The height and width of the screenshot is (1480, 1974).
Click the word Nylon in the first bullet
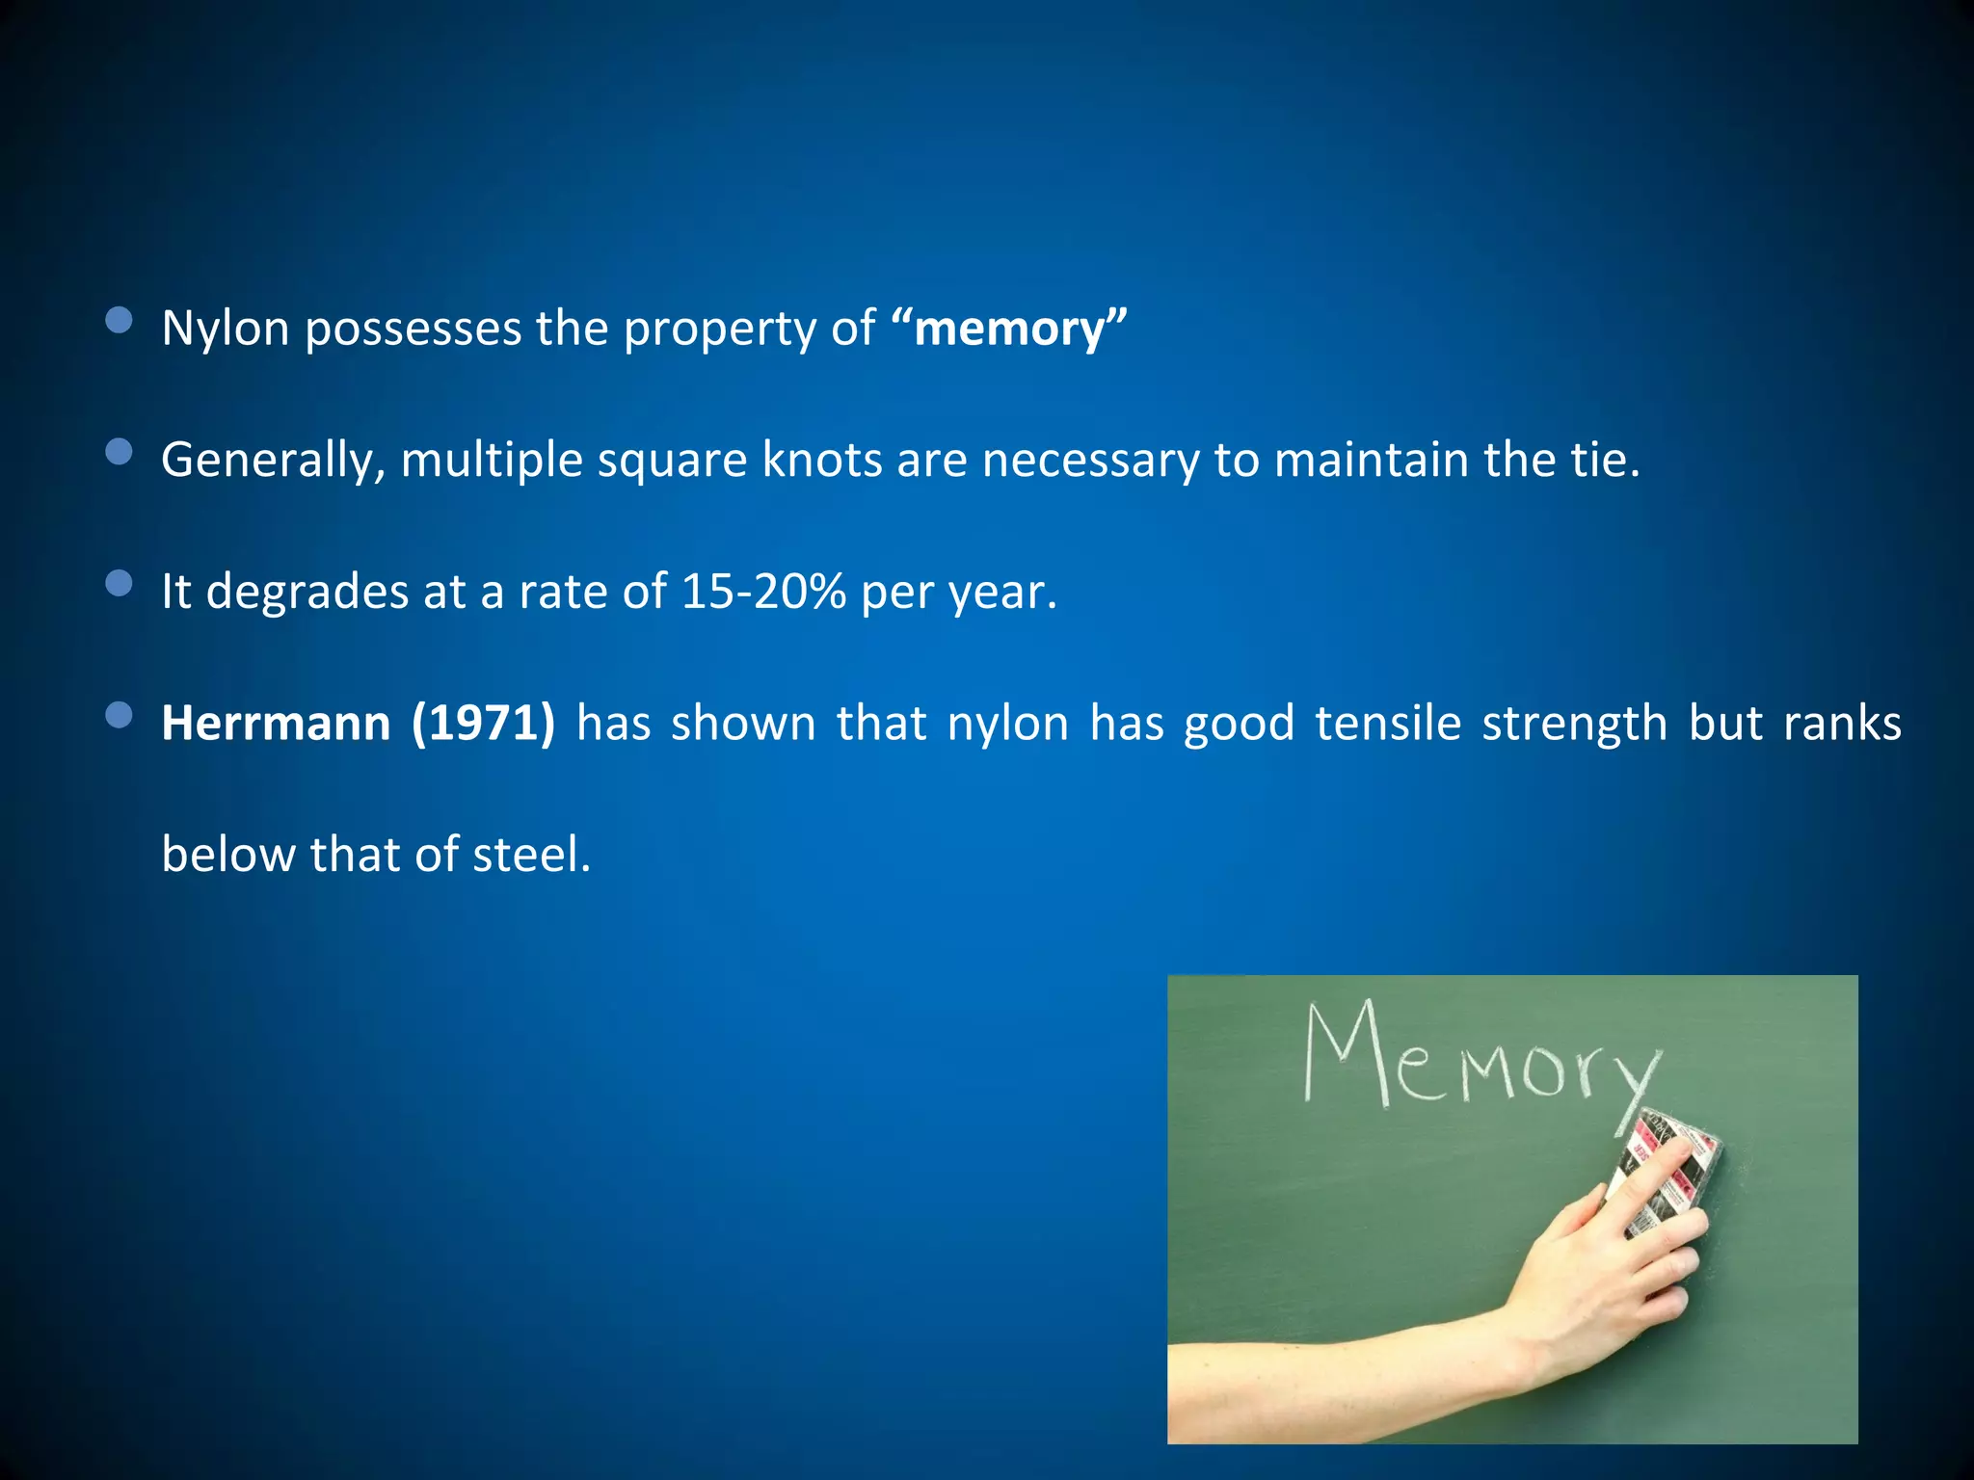(x=226, y=330)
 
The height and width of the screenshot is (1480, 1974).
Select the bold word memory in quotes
(x=1009, y=330)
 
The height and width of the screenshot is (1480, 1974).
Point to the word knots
(x=821, y=461)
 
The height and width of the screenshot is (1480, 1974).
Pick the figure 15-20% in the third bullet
(x=762, y=592)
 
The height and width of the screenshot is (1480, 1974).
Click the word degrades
(x=307, y=592)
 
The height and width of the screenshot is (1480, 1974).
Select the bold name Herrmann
(x=276, y=723)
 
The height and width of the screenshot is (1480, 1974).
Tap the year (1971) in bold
(x=483, y=723)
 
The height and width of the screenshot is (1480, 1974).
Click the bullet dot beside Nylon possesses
(x=119, y=321)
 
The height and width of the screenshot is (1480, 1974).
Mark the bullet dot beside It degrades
(x=119, y=583)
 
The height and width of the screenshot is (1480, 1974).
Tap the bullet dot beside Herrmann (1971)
(x=119, y=714)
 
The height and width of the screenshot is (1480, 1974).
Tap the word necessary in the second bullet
(x=1090, y=461)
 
